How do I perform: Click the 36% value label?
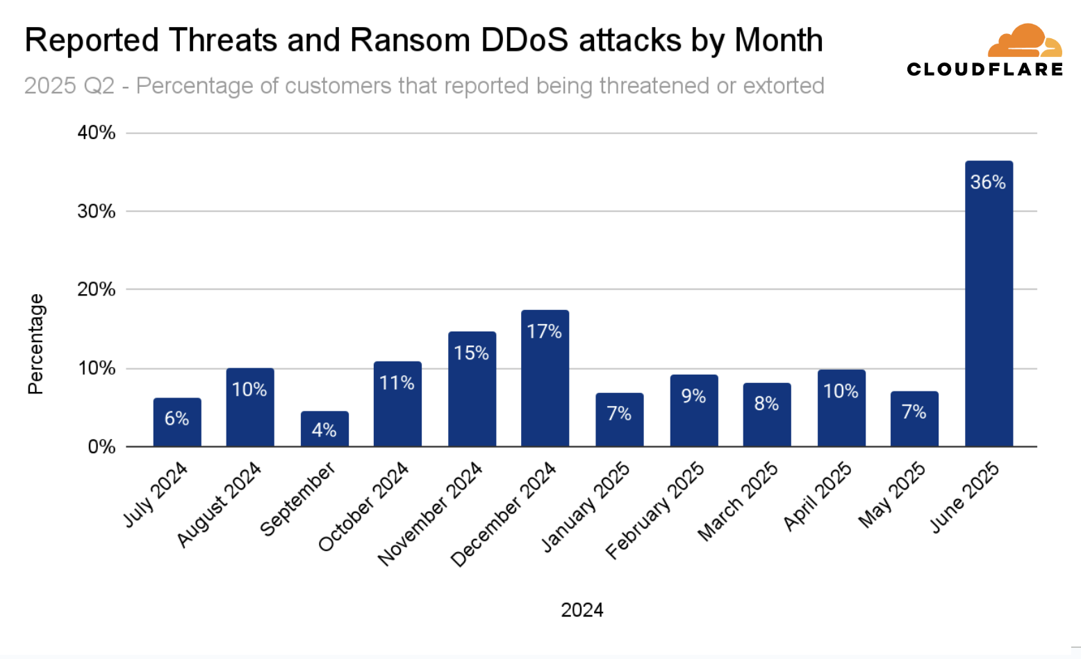coord(988,182)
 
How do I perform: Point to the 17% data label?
coord(544,332)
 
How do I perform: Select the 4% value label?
coord(324,430)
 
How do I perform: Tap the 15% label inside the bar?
coord(471,353)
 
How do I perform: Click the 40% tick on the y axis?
coord(97,133)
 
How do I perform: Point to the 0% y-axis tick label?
coord(101,447)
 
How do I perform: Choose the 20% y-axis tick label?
coord(97,289)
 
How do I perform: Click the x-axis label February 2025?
coord(655,511)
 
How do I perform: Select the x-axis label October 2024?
coord(363,507)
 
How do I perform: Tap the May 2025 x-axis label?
coord(892,495)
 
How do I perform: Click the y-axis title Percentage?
coord(35,344)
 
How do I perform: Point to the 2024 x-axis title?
coord(582,610)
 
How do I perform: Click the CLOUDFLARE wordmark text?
coord(984,69)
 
